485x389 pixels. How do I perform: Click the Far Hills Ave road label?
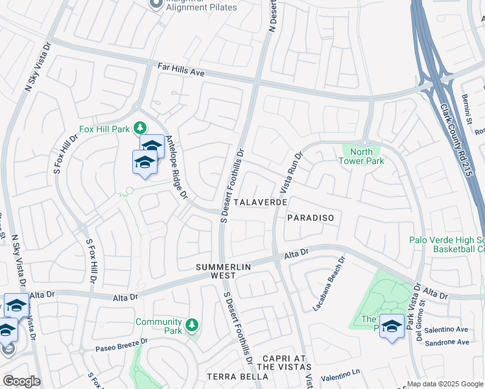[x=181, y=70]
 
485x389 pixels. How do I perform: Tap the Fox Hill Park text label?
[x=104, y=129]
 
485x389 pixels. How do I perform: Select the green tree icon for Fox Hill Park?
[x=139, y=126]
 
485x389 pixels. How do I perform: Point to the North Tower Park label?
[x=363, y=156]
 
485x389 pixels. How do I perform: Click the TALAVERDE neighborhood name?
[x=261, y=202]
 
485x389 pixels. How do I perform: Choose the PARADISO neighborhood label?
[x=310, y=218]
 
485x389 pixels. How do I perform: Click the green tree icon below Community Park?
[x=191, y=324]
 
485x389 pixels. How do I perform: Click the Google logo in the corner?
[x=21, y=381]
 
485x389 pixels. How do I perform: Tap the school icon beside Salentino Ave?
[x=392, y=326]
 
